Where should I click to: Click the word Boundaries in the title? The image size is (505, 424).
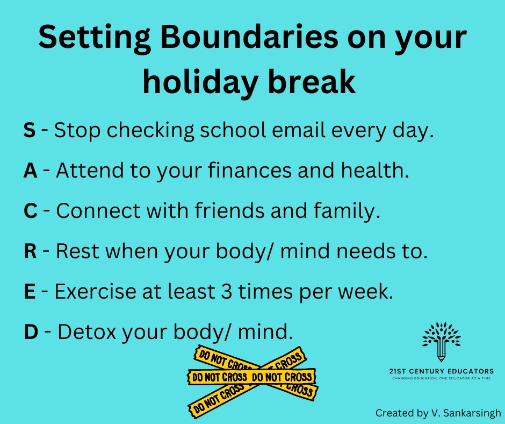[249, 37]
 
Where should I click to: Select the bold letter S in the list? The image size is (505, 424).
[30, 130]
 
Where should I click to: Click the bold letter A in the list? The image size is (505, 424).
[30, 171]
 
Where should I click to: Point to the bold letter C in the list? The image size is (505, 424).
[31, 211]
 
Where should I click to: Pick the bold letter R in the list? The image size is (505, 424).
[30, 251]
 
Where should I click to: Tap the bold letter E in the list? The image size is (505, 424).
[30, 292]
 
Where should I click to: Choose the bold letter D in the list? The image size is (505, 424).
[31, 331]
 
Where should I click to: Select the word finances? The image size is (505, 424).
[250, 171]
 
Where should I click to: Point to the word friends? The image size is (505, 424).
[229, 211]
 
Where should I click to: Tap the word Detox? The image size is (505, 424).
[86, 331]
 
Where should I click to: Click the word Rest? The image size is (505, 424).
[77, 251]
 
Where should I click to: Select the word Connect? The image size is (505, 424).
[98, 211]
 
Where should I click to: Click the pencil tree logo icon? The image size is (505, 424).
[441, 341]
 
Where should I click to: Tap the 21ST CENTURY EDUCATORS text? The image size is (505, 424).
[441, 371]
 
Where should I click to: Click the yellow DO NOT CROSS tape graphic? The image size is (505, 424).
[252, 381]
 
